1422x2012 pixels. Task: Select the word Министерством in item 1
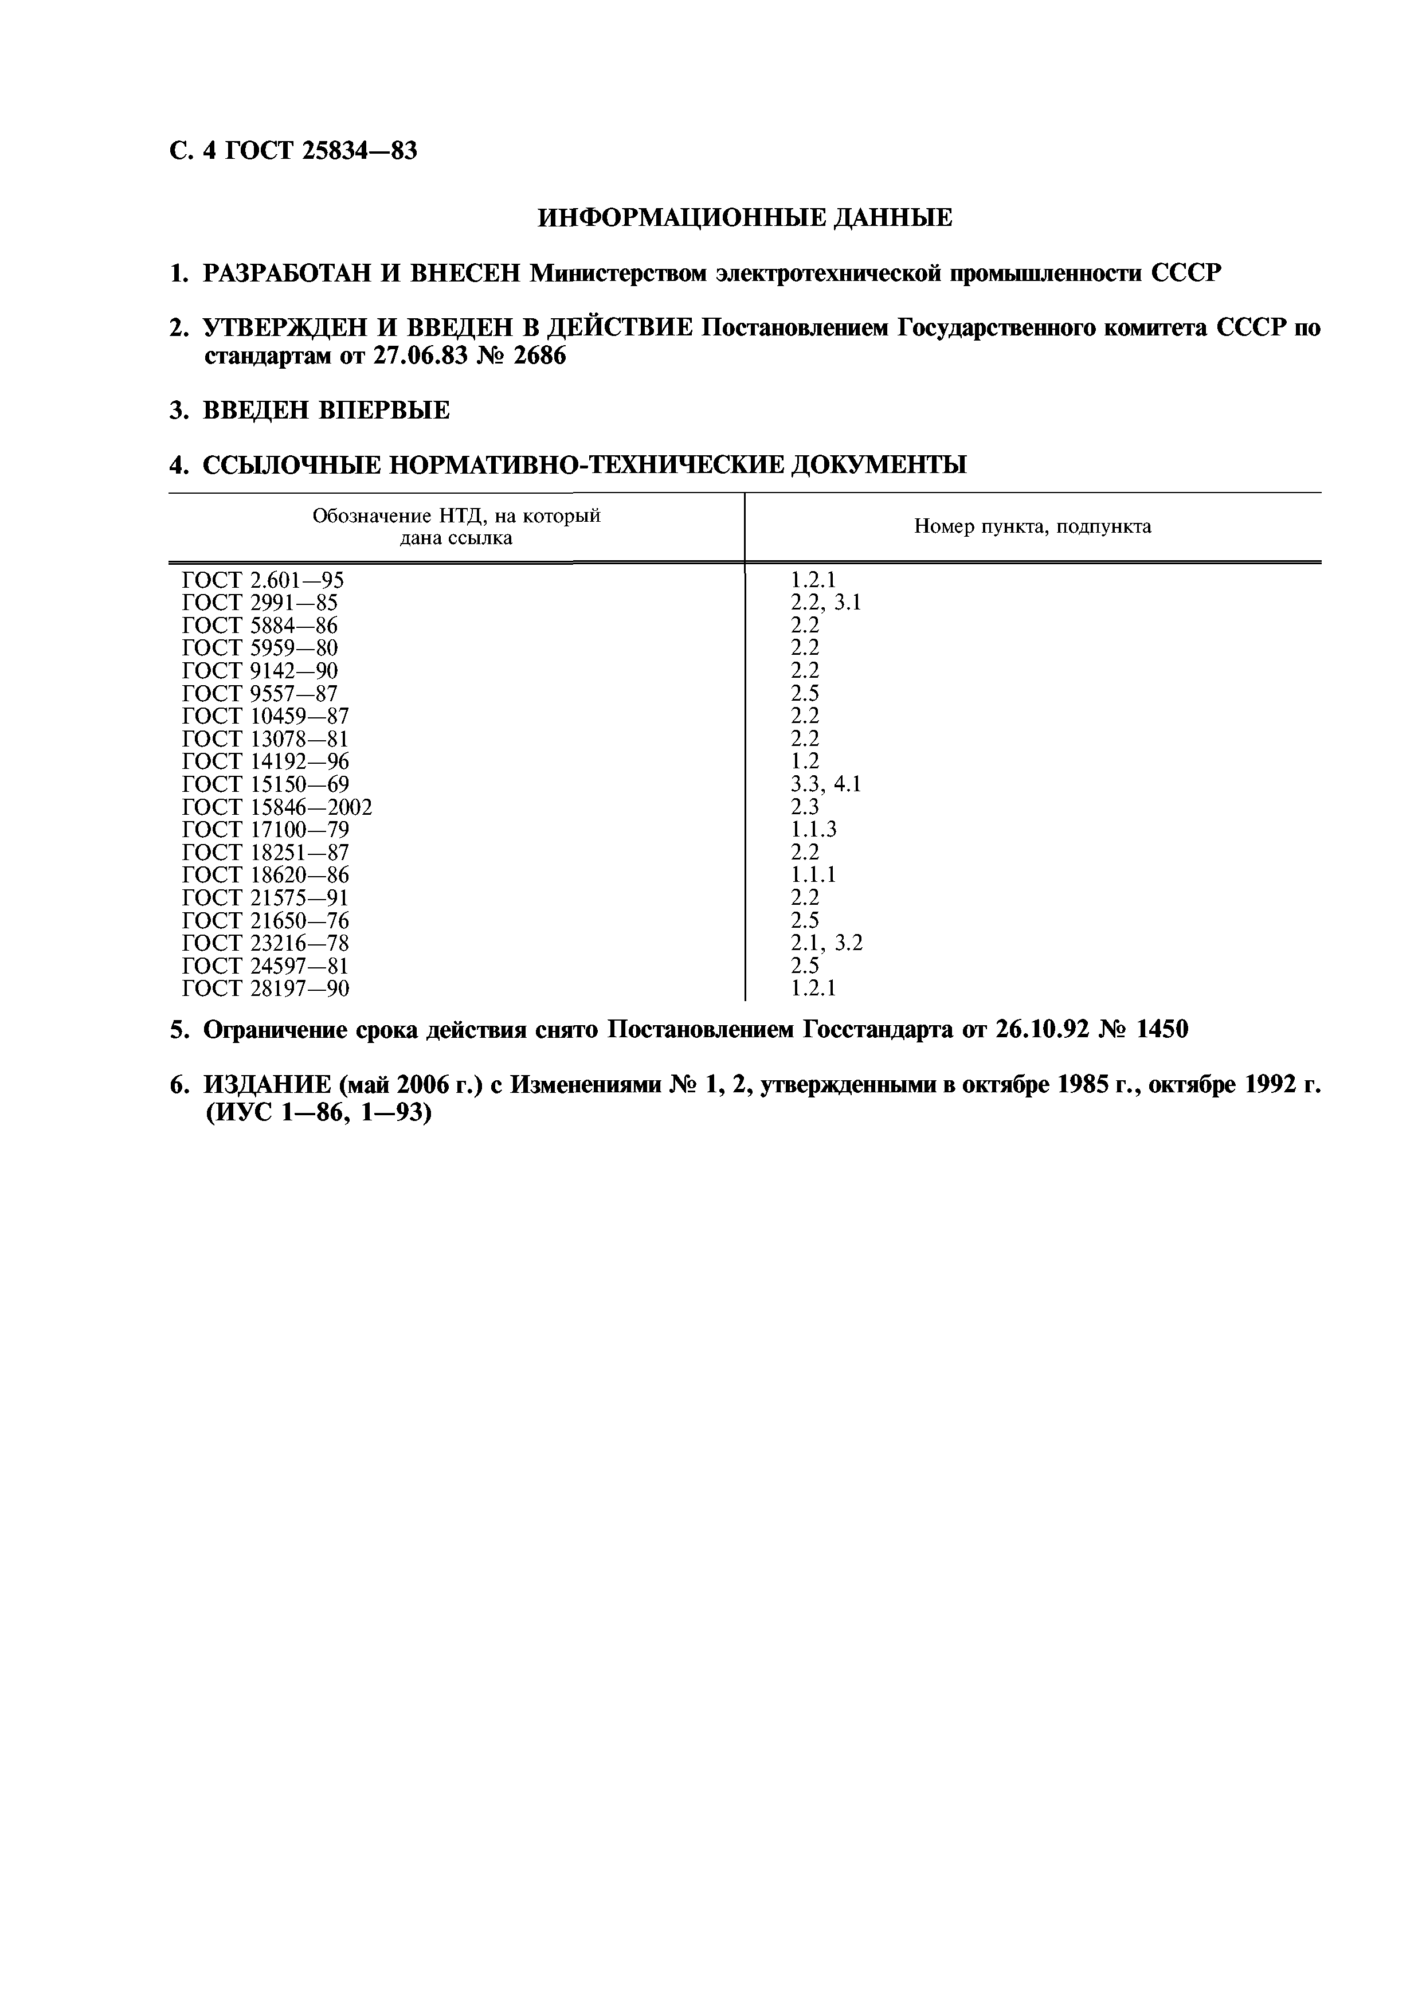(x=618, y=274)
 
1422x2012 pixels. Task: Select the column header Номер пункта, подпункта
(x=1032, y=527)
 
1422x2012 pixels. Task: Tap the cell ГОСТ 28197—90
(x=265, y=989)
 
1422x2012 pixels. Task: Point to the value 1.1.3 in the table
(x=813, y=830)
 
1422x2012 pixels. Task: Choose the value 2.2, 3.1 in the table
(x=825, y=603)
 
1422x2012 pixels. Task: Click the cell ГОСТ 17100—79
(x=265, y=830)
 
